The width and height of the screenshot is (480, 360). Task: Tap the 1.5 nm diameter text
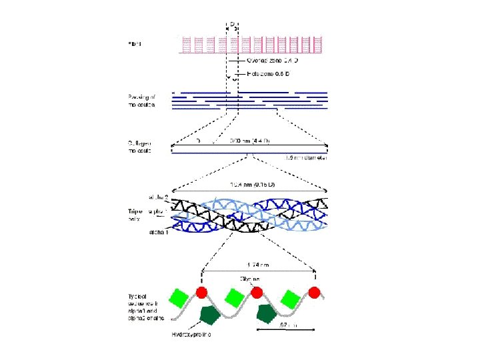[x=303, y=158]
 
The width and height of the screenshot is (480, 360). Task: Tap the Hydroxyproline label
[x=191, y=335]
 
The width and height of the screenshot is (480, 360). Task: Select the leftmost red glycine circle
[x=202, y=292]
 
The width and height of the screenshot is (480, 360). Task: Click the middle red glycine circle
[x=256, y=291]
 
